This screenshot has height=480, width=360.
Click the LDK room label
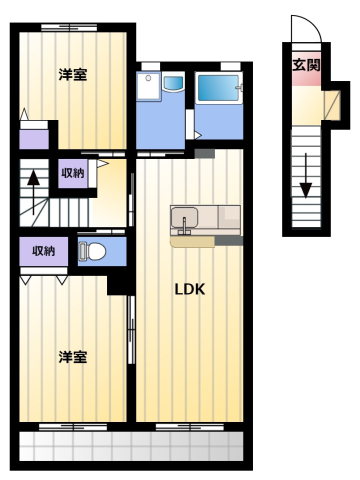[190, 289]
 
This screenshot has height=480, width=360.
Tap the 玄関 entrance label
[306, 65]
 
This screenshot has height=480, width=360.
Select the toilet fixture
[92, 251]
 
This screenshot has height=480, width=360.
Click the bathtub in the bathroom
[219, 88]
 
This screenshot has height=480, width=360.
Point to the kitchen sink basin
[184, 217]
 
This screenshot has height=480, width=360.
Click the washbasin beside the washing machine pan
[173, 83]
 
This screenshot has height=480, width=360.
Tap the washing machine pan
[149, 86]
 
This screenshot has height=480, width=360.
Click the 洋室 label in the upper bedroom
[73, 74]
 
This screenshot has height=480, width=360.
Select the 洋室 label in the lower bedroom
[73, 357]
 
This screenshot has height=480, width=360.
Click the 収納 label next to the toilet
[44, 251]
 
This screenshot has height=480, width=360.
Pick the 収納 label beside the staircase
[73, 173]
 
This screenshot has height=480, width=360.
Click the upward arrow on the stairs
[33, 192]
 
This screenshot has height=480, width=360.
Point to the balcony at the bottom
[131, 446]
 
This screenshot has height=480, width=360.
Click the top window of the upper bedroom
[69, 27]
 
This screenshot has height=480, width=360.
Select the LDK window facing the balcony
[190, 427]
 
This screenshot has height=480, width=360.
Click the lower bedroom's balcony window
[73, 427]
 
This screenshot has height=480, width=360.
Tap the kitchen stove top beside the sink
[229, 217]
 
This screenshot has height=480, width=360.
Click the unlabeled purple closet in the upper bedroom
[34, 139]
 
